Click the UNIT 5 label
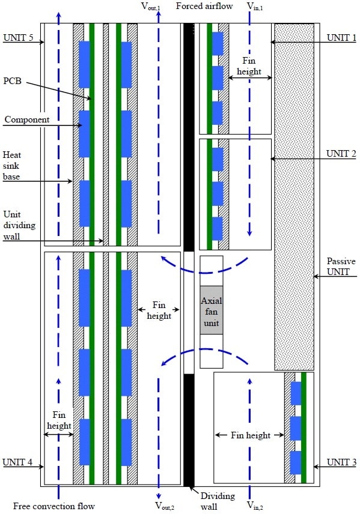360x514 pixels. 18,37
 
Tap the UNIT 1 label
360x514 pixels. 341,37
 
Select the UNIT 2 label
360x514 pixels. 341,153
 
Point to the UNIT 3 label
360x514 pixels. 341,462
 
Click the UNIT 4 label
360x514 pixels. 17,462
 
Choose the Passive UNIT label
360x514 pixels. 341,267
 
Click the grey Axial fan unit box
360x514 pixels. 212,310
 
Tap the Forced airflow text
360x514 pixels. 204,6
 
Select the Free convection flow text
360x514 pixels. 54,506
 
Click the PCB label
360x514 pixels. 12,80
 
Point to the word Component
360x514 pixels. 27,119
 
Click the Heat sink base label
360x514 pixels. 12,166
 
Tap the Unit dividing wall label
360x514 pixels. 19,225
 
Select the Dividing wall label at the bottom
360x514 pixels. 218,501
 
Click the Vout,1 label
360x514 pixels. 151,7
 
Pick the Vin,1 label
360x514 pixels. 255,7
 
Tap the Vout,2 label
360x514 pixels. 165,506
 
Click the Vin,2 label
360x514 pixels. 255,506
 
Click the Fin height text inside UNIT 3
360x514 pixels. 251,435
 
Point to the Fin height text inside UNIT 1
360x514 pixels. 249,66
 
